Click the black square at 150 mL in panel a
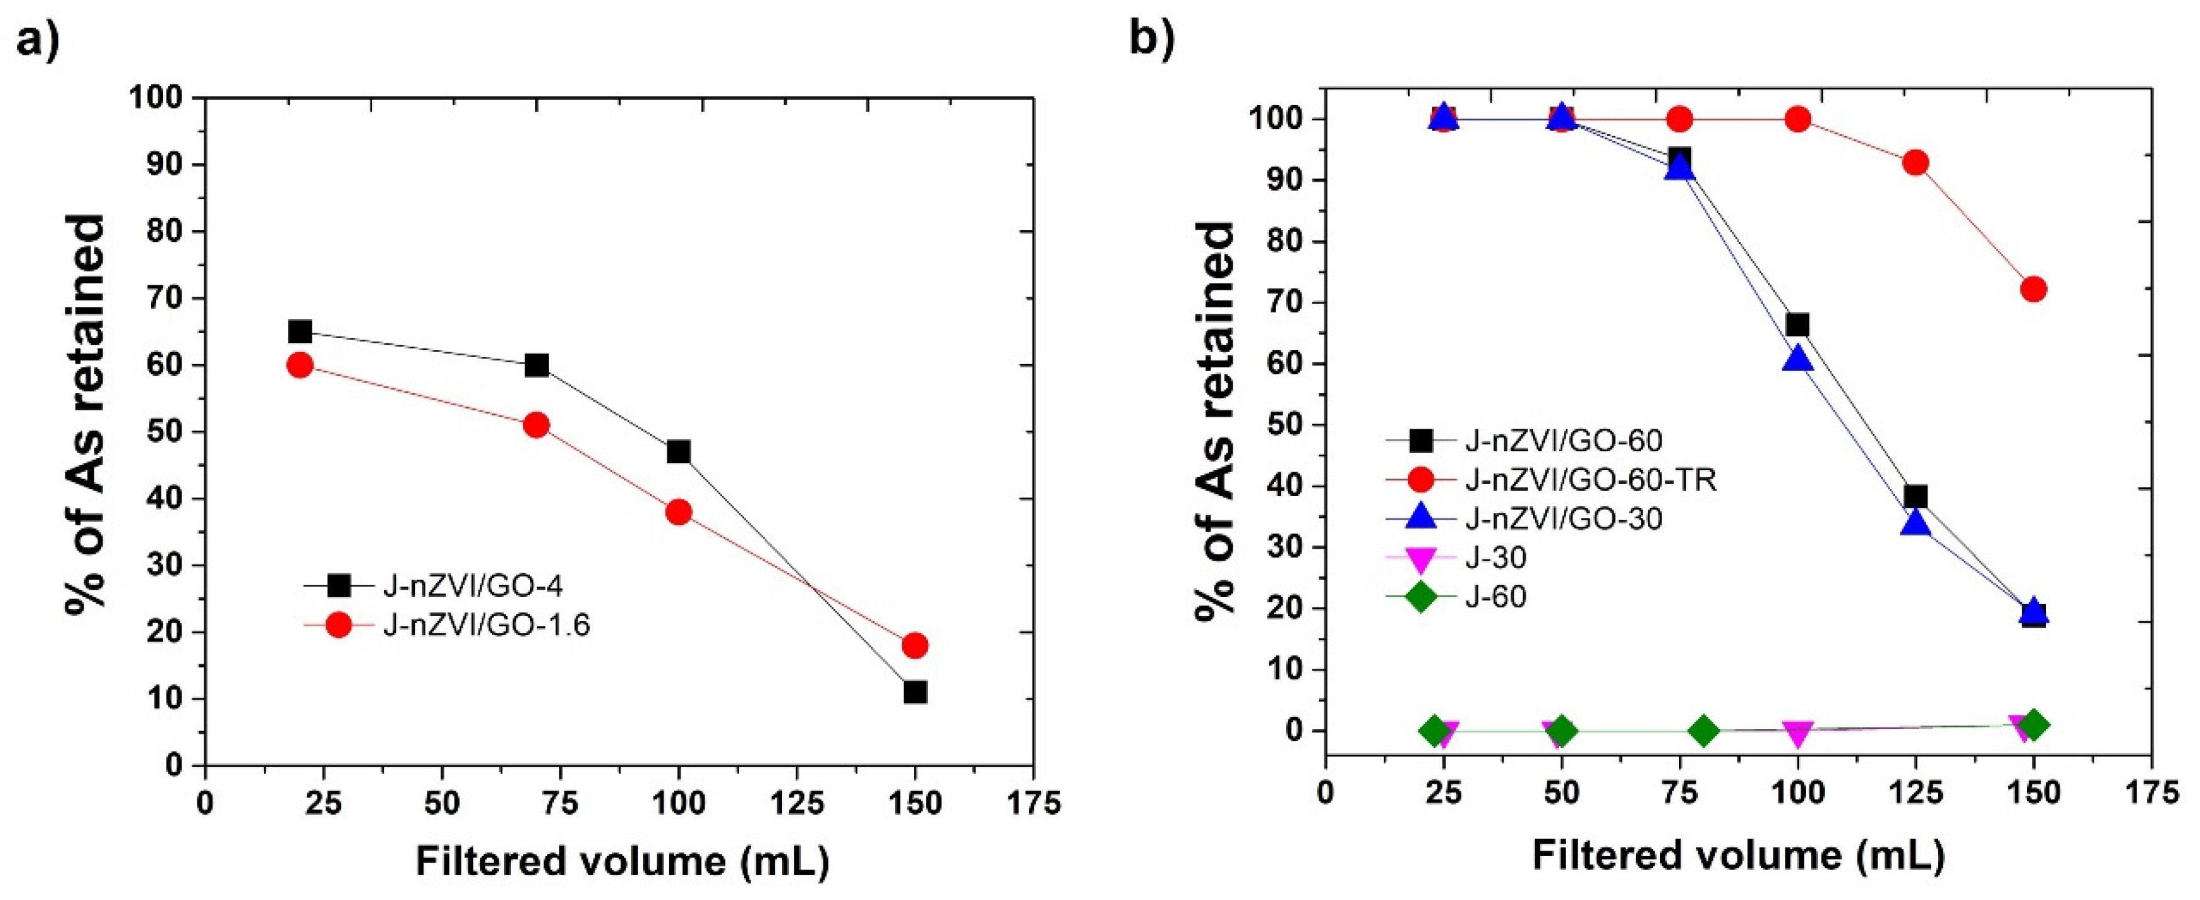coord(915,691)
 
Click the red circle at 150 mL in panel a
coord(915,645)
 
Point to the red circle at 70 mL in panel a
coord(536,425)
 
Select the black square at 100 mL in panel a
coord(679,452)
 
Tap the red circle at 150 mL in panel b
coord(2033,290)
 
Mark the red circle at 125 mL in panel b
coord(1916,162)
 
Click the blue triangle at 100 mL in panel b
coord(1798,359)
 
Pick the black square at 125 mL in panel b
coord(1916,497)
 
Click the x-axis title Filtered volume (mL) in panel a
coord(622,862)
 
